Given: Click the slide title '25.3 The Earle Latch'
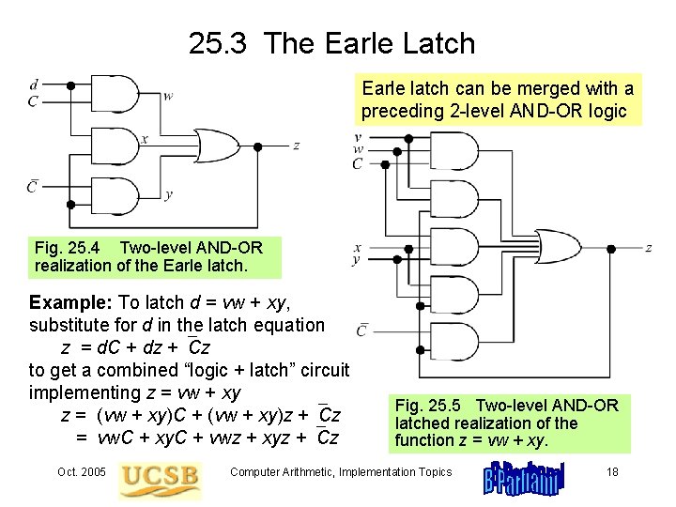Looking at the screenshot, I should (x=331, y=43).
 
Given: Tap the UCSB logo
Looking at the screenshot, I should (x=160, y=480).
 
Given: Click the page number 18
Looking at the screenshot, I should (x=612, y=472).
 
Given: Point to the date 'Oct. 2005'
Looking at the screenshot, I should (x=81, y=472).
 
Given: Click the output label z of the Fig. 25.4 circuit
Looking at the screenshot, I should (x=297, y=146).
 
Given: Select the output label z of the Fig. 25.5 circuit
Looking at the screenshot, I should (x=649, y=248).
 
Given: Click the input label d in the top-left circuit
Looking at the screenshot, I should (x=34, y=85).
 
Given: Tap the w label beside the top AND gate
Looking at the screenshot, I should (x=167, y=96).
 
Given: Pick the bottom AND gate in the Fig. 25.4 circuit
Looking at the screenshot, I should (x=118, y=195).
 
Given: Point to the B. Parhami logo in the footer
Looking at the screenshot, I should (x=524, y=479).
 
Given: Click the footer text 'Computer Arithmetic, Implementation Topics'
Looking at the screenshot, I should (x=341, y=472).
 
